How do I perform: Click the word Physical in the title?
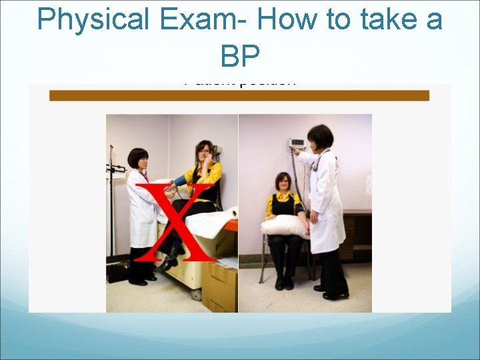click(94, 20)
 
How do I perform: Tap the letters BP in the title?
click(239, 57)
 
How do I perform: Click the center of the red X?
click(178, 220)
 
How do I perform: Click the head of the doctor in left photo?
click(138, 160)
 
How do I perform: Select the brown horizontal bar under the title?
click(239, 95)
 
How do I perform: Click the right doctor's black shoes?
click(333, 293)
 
